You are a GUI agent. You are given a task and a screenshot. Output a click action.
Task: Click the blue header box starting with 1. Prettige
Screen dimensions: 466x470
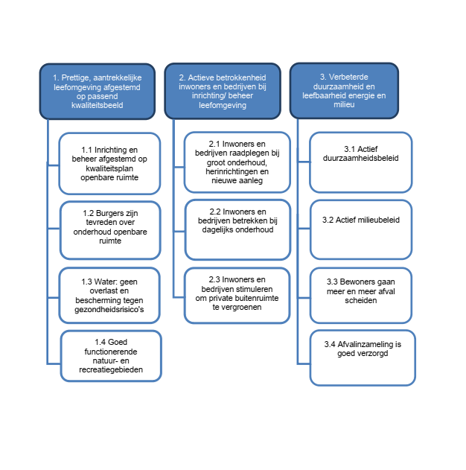coord(98,92)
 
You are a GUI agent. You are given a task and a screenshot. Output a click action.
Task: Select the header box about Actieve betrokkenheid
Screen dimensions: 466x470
coord(223,91)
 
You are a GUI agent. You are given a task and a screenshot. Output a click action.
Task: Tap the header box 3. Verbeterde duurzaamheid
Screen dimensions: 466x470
coord(344,91)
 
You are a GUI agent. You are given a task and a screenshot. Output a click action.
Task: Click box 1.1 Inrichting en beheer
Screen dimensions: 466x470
coord(109,164)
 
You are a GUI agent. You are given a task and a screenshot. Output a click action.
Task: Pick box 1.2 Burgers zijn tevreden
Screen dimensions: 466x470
coord(110,230)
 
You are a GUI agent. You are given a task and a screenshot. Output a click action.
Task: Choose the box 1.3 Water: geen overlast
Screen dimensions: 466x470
coord(109,296)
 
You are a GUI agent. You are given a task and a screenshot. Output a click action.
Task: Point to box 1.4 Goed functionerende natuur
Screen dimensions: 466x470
coord(111,356)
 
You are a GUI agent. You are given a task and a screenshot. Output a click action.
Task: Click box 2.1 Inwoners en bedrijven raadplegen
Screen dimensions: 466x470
coord(237,162)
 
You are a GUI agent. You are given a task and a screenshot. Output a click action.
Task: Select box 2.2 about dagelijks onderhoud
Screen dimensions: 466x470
coord(237,229)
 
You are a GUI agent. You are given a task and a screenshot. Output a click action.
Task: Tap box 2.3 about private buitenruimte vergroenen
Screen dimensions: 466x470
coord(237,296)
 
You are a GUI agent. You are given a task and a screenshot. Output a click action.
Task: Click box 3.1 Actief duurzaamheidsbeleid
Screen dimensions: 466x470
coord(361,162)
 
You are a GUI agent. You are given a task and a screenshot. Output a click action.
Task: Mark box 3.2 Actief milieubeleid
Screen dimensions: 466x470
coord(361,229)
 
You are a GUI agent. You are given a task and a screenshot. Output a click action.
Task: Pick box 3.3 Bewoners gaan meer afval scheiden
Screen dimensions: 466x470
coord(361,296)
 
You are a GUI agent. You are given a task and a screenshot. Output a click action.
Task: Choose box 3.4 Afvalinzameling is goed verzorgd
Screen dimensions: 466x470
coord(363,358)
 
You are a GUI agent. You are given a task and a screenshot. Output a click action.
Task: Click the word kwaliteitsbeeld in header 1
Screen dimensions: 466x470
coord(98,105)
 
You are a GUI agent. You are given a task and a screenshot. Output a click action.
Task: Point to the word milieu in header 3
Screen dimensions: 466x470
coord(344,104)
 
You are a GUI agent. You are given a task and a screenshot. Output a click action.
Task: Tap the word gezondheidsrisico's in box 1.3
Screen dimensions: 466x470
coord(109,309)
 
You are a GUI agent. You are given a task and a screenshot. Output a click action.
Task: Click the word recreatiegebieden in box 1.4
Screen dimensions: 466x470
coord(111,369)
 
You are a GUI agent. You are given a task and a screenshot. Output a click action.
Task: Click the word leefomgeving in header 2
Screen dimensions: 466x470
coord(223,105)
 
